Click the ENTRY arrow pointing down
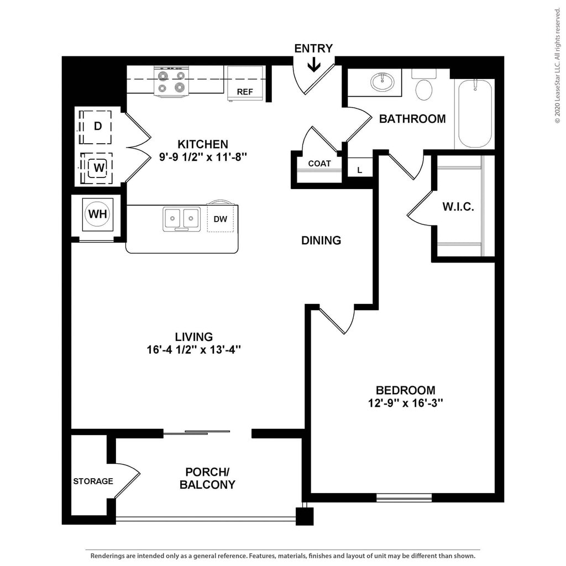coord(313,66)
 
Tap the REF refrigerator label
coord(245,92)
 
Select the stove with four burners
coord(171,82)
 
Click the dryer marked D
coord(98,126)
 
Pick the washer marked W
coord(98,167)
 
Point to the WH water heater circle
coord(98,214)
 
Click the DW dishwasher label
coord(220,219)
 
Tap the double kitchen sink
coord(181,218)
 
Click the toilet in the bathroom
coord(424,88)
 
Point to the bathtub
coord(474,113)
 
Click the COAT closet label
coord(319,164)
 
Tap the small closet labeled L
coord(359,170)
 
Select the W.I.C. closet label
coord(458,207)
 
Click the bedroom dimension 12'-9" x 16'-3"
coord(406,403)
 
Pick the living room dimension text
coord(194,350)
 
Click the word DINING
coord(321,240)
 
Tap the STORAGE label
coord(93,481)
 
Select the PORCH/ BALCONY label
coord(207,479)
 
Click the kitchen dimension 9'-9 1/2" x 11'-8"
coord(202,157)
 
